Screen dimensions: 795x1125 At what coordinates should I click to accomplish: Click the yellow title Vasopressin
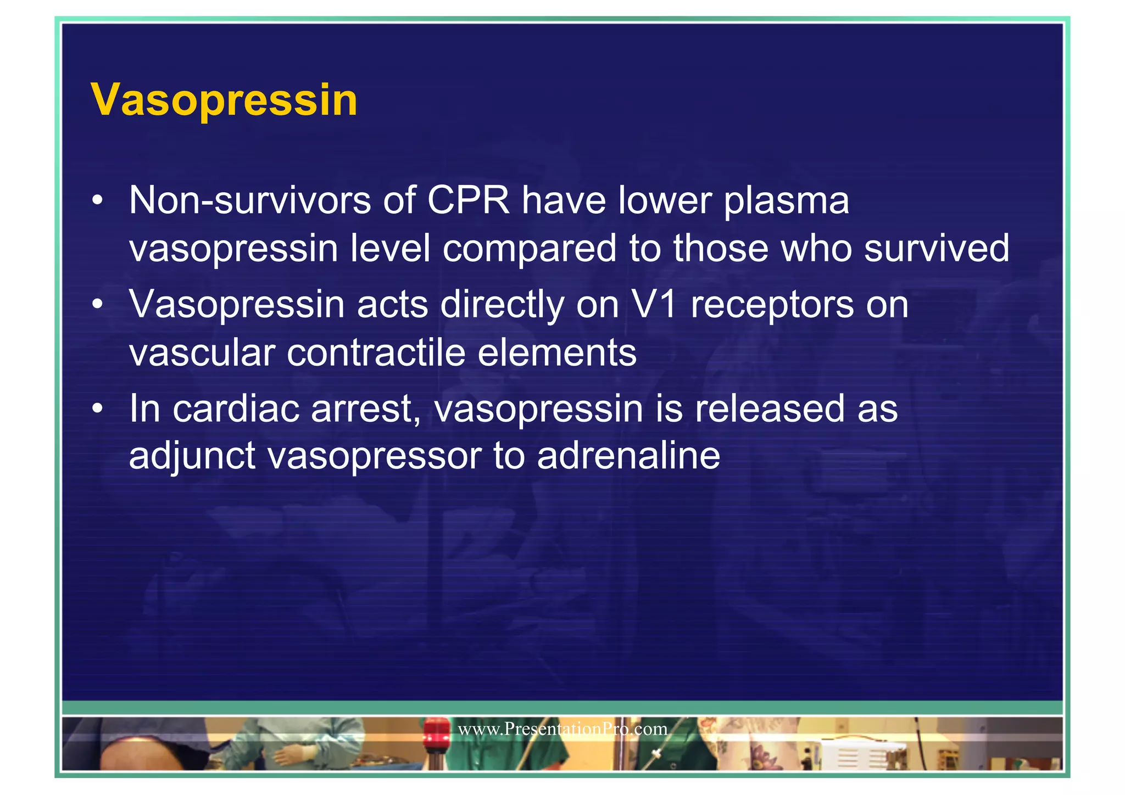tap(224, 100)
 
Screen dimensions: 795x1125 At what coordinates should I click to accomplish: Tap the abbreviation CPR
tap(468, 200)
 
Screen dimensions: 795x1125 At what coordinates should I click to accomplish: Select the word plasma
tap(786, 201)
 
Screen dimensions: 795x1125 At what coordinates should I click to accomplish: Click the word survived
tap(937, 248)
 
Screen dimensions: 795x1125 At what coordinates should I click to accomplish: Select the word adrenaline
tap(628, 456)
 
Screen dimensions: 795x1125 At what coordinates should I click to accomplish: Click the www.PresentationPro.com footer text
tap(562, 729)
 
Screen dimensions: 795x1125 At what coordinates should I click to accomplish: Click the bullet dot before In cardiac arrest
tap(97, 409)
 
